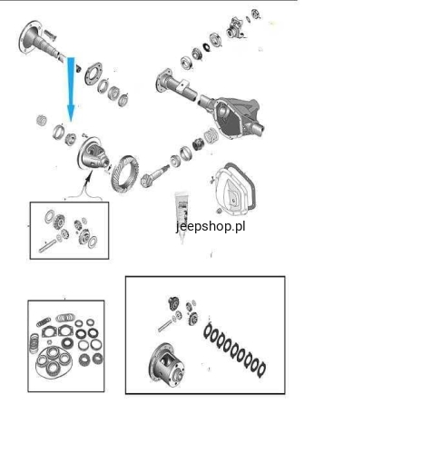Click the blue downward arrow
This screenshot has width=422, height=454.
click(71, 89)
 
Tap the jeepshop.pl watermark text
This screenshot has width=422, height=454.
click(211, 226)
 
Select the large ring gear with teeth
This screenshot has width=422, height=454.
click(124, 174)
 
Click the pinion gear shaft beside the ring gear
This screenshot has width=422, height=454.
click(154, 176)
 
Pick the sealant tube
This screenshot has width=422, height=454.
click(182, 216)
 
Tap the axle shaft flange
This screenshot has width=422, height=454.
click(30, 37)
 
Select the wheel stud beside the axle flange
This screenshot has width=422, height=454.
click(50, 35)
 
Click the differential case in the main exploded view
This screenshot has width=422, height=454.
click(93, 153)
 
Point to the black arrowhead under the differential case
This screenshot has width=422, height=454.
click(88, 177)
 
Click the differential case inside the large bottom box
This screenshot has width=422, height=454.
click(167, 365)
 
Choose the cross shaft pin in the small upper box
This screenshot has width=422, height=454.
click(47, 246)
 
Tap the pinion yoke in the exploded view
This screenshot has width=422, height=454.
click(234, 28)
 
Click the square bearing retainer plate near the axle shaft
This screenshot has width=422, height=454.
click(93, 74)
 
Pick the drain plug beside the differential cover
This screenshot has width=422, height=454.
click(219, 210)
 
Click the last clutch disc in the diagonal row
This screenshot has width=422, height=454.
click(261, 370)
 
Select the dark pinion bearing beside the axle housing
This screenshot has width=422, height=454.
click(198, 143)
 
